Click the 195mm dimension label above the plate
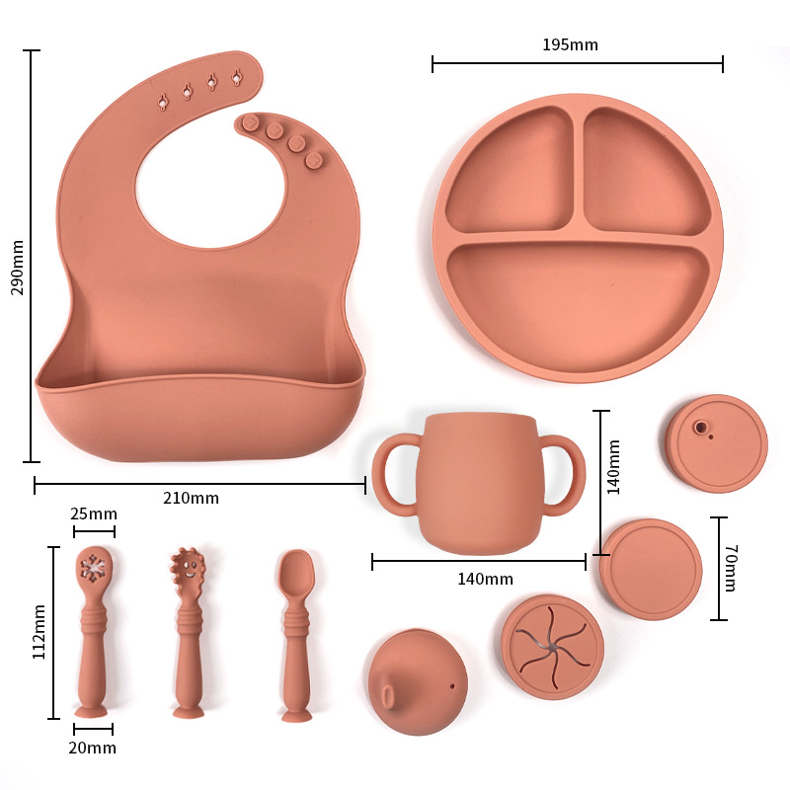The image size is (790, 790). click(570, 44)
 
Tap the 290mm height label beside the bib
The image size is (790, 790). click(17, 268)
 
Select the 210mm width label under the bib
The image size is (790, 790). click(191, 499)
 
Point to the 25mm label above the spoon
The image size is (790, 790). click(94, 513)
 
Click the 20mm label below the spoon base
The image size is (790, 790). click(93, 748)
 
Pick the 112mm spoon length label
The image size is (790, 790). click(39, 632)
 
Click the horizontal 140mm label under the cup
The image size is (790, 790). click(485, 579)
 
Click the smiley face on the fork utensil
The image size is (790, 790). click(189, 569)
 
